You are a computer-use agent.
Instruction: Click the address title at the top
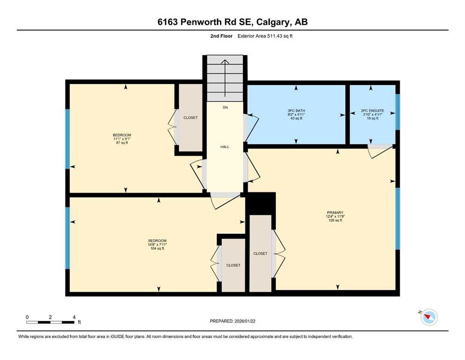(x=232, y=22)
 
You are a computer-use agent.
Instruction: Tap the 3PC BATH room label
(x=296, y=114)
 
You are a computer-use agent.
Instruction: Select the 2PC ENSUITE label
(x=372, y=114)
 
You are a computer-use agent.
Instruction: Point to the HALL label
(x=225, y=147)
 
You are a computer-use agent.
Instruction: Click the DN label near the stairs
(x=225, y=108)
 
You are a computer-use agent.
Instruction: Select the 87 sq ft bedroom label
(x=122, y=139)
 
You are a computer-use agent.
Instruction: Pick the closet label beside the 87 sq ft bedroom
(x=190, y=118)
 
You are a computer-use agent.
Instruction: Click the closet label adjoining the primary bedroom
(x=260, y=254)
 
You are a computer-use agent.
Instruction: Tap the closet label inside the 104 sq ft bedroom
(x=233, y=265)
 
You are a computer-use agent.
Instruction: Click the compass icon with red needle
(x=428, y=318)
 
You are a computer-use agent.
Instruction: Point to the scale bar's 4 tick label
(x=74, y=317)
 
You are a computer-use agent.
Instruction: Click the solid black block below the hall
(x=260, y=203)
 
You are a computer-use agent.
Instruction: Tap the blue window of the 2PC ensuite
(x=398, y=112)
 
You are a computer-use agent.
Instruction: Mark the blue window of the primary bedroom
(x=398, y=218)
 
